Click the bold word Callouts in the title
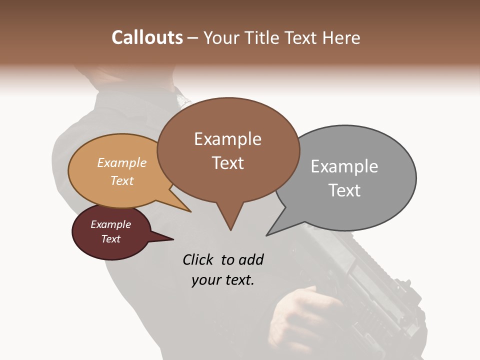coord(147,37)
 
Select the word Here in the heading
coord(341,37)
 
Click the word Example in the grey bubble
coord(344,166)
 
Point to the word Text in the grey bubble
coord(344,190)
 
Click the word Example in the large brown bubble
coord(227,139)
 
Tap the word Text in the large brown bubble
coord(227,163)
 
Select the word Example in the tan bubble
coord(121,163)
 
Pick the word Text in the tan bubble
coord(121,180)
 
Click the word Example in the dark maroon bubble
coord(110,224)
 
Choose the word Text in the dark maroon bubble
coord(110,239)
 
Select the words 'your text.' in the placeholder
coord(222,280)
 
